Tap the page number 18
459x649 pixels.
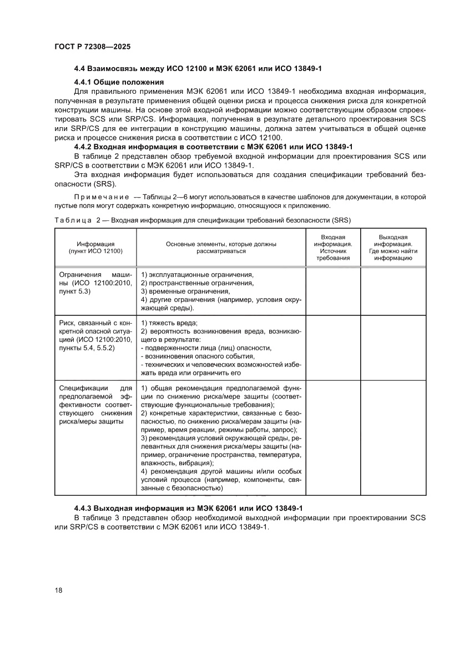pos(59,590)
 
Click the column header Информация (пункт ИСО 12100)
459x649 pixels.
pos(95,247)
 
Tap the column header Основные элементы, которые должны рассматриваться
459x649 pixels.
pos(221,247)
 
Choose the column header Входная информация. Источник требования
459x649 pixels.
pos(333,247)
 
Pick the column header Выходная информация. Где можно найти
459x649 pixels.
pos(393,247)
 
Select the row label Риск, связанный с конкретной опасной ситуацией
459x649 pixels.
pos(95,335)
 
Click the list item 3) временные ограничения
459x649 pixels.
pos(185,291)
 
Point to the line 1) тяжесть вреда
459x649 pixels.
pos(170,323)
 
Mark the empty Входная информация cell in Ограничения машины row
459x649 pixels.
pos(333,291)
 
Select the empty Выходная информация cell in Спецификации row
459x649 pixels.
pos(393,437)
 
